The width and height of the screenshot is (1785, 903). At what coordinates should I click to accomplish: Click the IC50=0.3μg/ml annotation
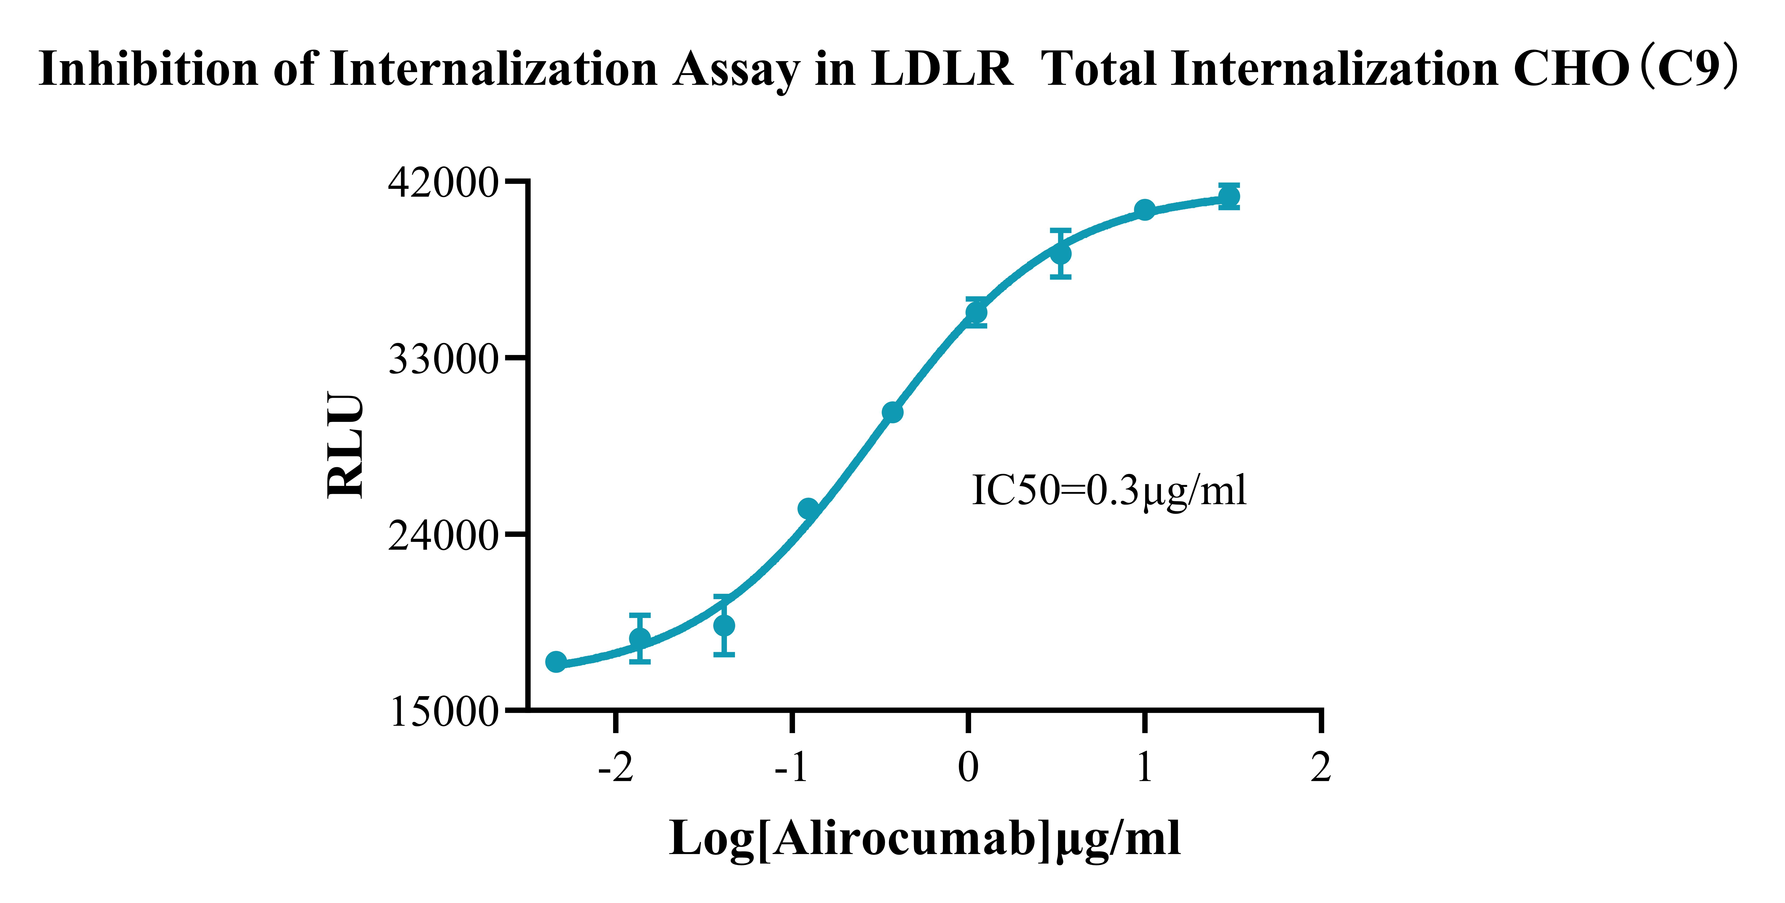tap(1109, 491)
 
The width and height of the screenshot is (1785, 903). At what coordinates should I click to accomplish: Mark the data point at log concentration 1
tap(1145, 209)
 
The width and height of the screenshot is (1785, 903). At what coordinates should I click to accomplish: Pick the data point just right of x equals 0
tap(976, 313)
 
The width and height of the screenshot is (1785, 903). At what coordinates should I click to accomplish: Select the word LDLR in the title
tap(942, 69)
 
